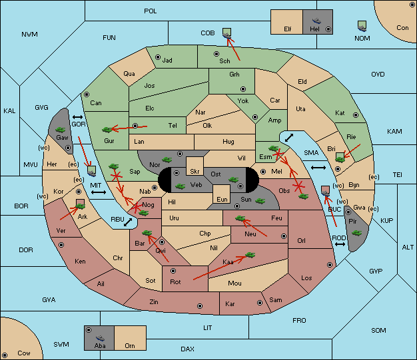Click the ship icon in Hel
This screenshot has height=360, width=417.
(316, 21)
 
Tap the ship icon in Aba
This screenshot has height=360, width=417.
(101, 338)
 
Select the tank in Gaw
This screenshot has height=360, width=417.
(61, 130)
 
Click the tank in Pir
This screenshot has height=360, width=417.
(356, 233)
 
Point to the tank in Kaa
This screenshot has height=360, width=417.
(250, 255)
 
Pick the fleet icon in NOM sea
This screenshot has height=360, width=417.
(362, 27)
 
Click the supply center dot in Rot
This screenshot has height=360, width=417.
(173, 271)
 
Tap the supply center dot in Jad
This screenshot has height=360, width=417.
(158, 57)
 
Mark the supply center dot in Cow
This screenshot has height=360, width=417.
(5, 355)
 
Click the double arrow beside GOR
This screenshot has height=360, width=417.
(77, 117)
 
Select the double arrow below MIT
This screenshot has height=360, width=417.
(99, 192)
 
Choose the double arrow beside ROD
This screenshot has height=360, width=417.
(340, 244)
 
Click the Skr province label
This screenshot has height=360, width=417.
(195, 172)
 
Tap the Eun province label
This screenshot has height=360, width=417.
(222, 199)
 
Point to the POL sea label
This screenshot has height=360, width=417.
(151, 11)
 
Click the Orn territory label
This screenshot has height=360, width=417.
(130, 345)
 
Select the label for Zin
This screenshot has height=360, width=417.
(154, 302)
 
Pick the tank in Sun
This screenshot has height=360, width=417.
(260, 201)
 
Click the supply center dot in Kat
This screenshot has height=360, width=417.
(356, 115)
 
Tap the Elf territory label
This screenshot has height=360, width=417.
(288, 29)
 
